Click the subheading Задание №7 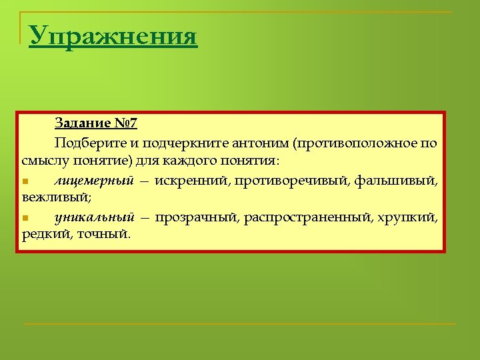(x=96, y=124)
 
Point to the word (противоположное (x=358, y=143)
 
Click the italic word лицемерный (x=94, y=180)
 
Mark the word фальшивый (x=396, y=180)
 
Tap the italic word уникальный (x=94, y=217)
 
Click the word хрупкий (x=412, y=217)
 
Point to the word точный (x=105, y=235)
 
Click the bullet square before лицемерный (x=25, y=181)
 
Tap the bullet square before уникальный (x=25, y=218)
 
